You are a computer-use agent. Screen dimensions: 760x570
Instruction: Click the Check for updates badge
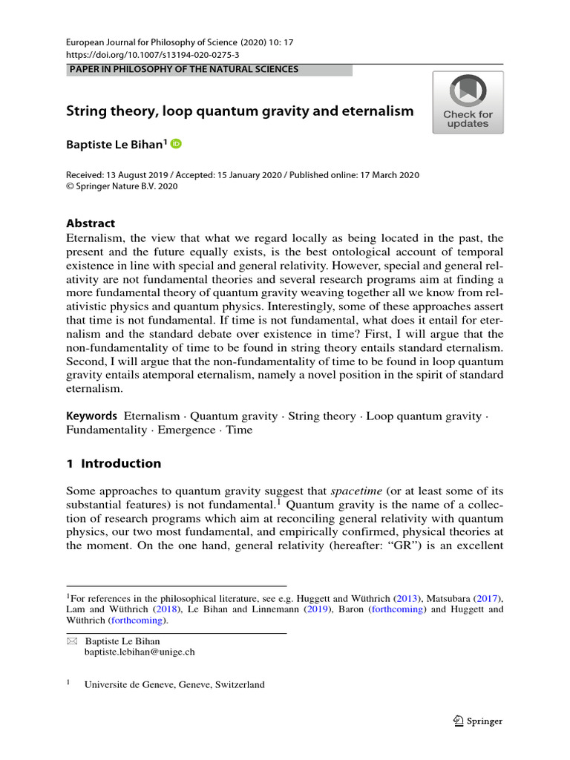(468, 102)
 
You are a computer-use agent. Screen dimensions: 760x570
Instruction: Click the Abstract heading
(91, 223)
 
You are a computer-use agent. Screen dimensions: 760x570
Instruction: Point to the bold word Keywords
(92, 416)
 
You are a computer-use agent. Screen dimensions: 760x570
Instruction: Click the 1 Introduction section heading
(114, 464)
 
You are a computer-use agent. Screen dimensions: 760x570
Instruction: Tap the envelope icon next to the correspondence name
(72, 641)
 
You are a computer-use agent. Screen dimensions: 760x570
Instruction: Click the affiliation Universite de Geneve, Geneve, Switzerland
(175, 685)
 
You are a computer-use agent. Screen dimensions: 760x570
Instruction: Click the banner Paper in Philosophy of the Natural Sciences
(183, 70)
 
